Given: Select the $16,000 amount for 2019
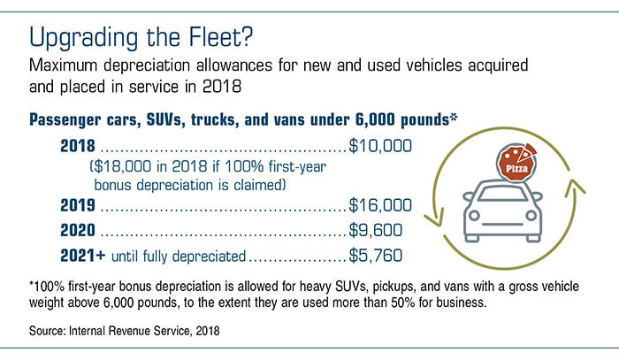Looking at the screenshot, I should pos(381,205).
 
